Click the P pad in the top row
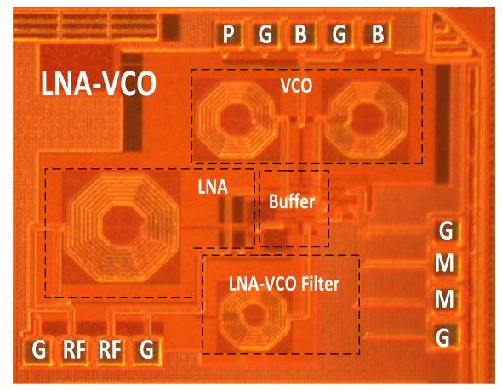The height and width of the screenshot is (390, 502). (x=228, y=34)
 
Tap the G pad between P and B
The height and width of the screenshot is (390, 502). (x=265, y=34)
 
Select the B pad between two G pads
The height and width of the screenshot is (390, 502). (x=301, y=34)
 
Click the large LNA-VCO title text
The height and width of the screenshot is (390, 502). (x=99, y=84)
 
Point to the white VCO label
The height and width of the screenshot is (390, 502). (x=296, y=86)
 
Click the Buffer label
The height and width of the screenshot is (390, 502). (x=292, y=201)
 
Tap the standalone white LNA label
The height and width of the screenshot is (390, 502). (x=213, y=187)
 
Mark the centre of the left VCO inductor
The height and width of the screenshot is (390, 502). (x=236, y=120)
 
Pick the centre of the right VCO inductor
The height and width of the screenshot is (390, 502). (x=367, y=119)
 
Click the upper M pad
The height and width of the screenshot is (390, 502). (x=445, y=263)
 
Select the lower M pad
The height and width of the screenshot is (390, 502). (x=445, y=299)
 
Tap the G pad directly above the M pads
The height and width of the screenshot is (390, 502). (x=446, y=230)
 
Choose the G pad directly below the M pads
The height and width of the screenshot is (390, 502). (x=444, y=336)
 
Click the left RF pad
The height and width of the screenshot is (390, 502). (x=75, y=350)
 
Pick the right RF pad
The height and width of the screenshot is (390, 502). (x=110, y=350)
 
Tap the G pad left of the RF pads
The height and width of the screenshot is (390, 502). (x=39, y=350)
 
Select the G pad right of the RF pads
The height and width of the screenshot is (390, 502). (x=147, y=350)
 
